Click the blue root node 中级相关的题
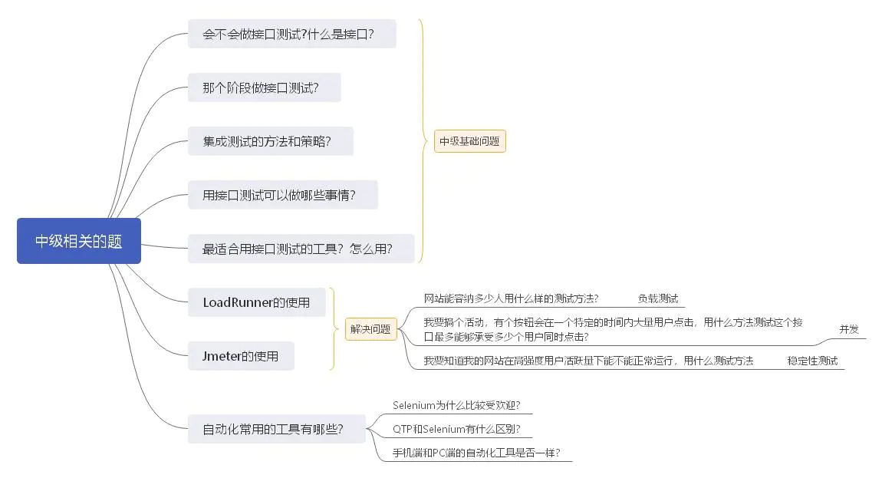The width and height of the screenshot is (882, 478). (78, 241)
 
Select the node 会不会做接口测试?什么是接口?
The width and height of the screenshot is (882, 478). (291, 34)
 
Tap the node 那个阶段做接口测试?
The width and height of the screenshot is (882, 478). (264, 87)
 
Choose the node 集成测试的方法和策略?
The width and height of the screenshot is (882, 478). (270, 141)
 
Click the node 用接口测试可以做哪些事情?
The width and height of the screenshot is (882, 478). (282, 195)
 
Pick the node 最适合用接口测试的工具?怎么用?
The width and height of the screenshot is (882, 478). (301, 249)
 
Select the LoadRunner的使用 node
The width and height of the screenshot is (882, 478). (256, 302)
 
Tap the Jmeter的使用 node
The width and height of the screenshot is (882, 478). (240, 356)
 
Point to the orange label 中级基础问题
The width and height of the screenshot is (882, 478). (469, 141)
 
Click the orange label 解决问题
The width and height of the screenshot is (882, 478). (370, 329)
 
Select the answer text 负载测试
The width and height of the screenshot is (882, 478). (657, 298)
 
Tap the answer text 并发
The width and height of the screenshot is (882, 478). (848, 329)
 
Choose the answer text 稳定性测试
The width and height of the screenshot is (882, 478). (812, 360)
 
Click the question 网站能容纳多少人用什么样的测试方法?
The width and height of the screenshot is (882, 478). (511, 298)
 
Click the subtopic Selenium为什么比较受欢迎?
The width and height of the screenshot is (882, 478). (462, 405)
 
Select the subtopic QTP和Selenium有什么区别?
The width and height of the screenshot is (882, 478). (462, 429)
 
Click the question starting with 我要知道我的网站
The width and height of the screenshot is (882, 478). (588, 360)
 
